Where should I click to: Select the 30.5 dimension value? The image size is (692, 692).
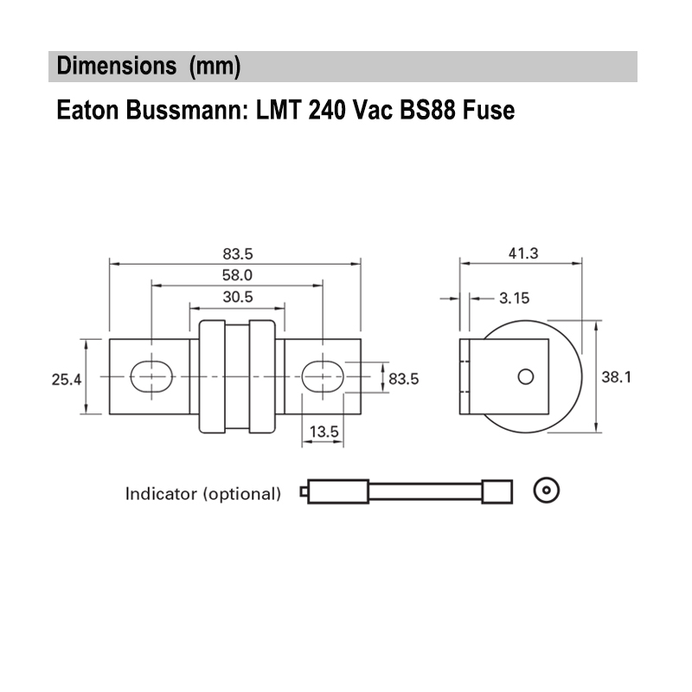coord(237,296)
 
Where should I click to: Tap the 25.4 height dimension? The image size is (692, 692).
coord(66,379)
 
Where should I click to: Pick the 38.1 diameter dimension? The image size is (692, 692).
coord(618,377)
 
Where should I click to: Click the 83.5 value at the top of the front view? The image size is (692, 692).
coord(237,254)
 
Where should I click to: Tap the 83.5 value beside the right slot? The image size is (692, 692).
coord(403,379)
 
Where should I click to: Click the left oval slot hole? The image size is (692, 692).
coord(151,376)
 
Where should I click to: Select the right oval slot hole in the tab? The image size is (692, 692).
coord(323,376)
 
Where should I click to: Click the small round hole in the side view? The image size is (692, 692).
coord(525,376)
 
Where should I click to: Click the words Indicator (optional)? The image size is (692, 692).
coord(203,495)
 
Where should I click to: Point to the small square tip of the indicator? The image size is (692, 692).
coord(303,493)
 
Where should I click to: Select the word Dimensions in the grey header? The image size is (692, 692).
coord(110,67)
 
